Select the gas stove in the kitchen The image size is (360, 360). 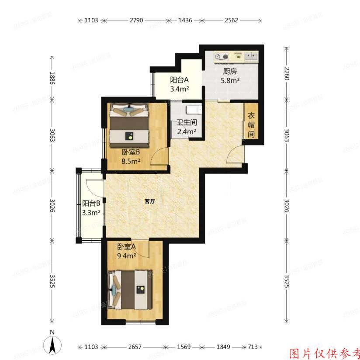pos(222,56)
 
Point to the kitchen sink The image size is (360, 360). pos(251,56)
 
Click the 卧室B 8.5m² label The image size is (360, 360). pos(131,156)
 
